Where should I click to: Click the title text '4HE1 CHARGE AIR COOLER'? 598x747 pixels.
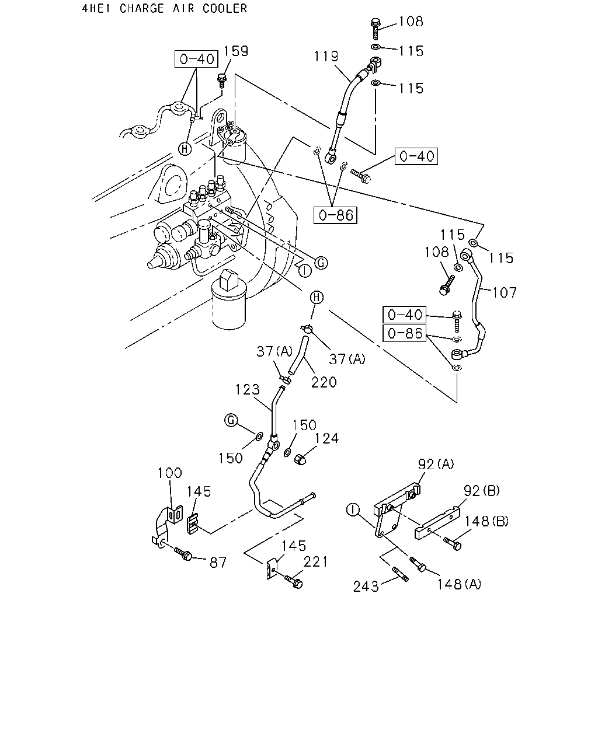[164, 8]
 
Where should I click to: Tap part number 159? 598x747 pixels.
[235, 51]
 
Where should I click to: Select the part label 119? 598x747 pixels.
[326, 56]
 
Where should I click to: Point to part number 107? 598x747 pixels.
[505, 292]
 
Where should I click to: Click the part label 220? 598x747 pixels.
[324, 382]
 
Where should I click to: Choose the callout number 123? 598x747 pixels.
[248, 389]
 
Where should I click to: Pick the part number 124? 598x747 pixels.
[326, 438]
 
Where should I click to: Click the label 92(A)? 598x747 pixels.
[436, 464]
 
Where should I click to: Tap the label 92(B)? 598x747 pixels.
[482, 490]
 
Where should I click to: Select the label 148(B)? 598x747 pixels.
[486, 521]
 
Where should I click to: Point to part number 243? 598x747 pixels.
[366, 587]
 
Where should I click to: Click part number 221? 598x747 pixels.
[315, 561]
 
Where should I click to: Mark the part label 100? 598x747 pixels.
[169, 473]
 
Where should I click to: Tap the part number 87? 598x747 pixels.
[218, 563]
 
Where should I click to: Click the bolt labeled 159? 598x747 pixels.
[222, 80]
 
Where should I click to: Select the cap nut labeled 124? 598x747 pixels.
[300, 460]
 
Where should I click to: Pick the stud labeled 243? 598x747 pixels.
[400, 574]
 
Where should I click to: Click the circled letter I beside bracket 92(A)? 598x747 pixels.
[353, 509]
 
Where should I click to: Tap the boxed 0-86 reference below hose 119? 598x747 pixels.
[335, 215]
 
